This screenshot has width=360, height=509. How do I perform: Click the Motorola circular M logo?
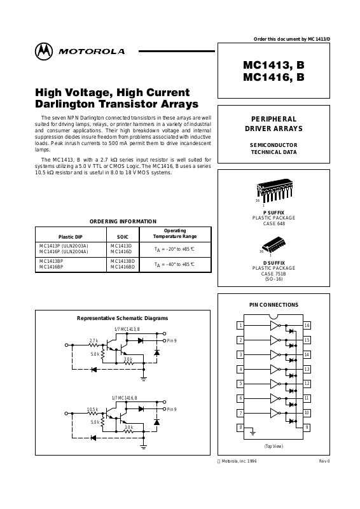(x=44, y=52)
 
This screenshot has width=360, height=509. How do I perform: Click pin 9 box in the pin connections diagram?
(x=307, y=428)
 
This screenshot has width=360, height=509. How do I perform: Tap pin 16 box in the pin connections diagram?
(x=307, y=325)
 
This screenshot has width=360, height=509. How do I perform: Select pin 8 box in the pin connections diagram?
(x=240, y=428)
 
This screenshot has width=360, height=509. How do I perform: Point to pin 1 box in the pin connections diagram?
(x=240, y=325)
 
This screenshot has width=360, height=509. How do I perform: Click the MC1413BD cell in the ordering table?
(x=122, y=261)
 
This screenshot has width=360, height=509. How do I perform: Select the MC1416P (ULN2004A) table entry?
(x=64, y=251)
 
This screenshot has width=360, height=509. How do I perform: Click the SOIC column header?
(x=123, y=237)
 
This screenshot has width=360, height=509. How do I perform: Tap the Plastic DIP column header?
(x=71, y=237)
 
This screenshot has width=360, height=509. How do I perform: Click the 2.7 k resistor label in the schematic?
(x=93, y=340)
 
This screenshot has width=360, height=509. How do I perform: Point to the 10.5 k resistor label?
(x=92, y=409)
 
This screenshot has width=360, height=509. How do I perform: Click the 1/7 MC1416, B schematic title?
(x=124, y=398)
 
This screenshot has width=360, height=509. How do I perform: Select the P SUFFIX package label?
(x=273, y=213)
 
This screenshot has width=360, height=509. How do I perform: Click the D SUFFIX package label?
(x=274, y=263)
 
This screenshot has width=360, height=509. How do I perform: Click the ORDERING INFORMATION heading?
(x=123, y=221)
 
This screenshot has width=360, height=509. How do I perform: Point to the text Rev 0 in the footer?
(x=324, y=461)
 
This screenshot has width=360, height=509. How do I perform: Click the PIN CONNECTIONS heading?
(x=273, y=305)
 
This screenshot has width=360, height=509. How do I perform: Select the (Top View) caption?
(x=273, y=447)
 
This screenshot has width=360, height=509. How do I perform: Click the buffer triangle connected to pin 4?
(x=275, y=370)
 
